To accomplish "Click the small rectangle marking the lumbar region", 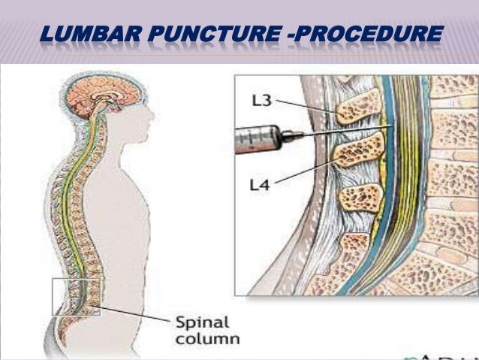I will coord(75,296).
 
